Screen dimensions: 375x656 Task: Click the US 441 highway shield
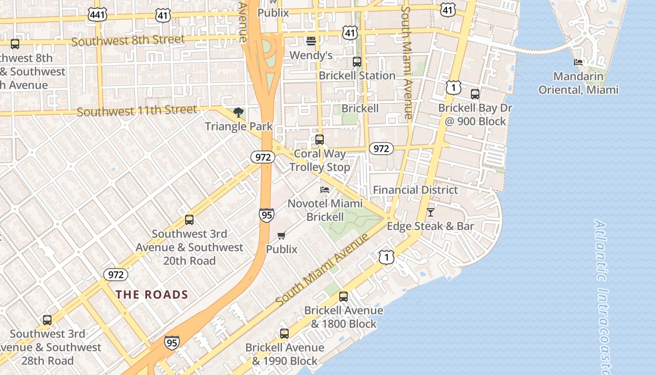97,15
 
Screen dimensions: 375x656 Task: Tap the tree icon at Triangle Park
239,112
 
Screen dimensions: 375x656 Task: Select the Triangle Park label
239,126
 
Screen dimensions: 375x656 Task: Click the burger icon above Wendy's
311,41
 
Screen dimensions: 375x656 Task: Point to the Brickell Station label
357,75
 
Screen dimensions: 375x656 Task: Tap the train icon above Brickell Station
357,62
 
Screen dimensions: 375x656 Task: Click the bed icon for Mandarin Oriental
578,62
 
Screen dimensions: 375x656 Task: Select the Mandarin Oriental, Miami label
578,83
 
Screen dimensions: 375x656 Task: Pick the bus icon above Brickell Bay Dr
475,94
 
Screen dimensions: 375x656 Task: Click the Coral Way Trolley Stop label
320,160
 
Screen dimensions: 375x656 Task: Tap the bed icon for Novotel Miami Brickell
324,190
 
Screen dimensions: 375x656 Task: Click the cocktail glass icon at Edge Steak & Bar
430,212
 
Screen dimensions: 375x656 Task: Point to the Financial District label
415,190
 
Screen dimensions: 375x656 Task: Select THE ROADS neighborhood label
152,294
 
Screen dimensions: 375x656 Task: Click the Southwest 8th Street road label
128,40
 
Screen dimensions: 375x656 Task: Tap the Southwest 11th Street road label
137,111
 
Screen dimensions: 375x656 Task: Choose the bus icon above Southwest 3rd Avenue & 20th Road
189,220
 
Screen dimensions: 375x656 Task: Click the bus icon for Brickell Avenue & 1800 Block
343,297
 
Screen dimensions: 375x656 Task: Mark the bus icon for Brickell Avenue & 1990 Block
284,334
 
